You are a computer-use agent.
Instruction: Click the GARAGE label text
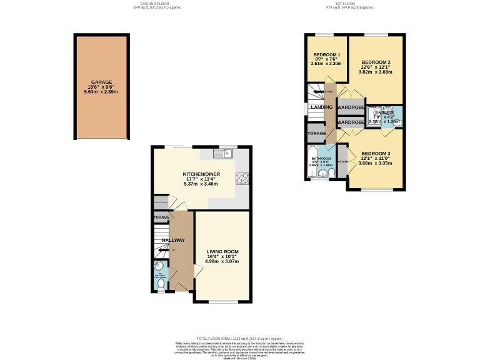[x=102, y=82]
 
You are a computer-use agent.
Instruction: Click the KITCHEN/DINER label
[x=201, y=174]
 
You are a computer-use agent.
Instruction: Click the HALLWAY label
[x=173, y=241]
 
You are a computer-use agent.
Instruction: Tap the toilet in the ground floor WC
[x=161, y=284]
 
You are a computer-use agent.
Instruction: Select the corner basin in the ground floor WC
[x=158, y=273]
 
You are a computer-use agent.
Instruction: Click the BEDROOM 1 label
[x=326, y=55]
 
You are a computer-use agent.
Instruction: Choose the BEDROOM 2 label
[x=376, y=62]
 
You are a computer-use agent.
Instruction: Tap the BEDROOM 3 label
[x=376, y=154]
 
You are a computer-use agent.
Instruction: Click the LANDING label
[x=321, y=107]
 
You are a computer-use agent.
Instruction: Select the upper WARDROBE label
[x=351, y=107]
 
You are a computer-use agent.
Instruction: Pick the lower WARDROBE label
[x=351, y=122]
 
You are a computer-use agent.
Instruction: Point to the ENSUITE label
[x=384, y=112]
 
